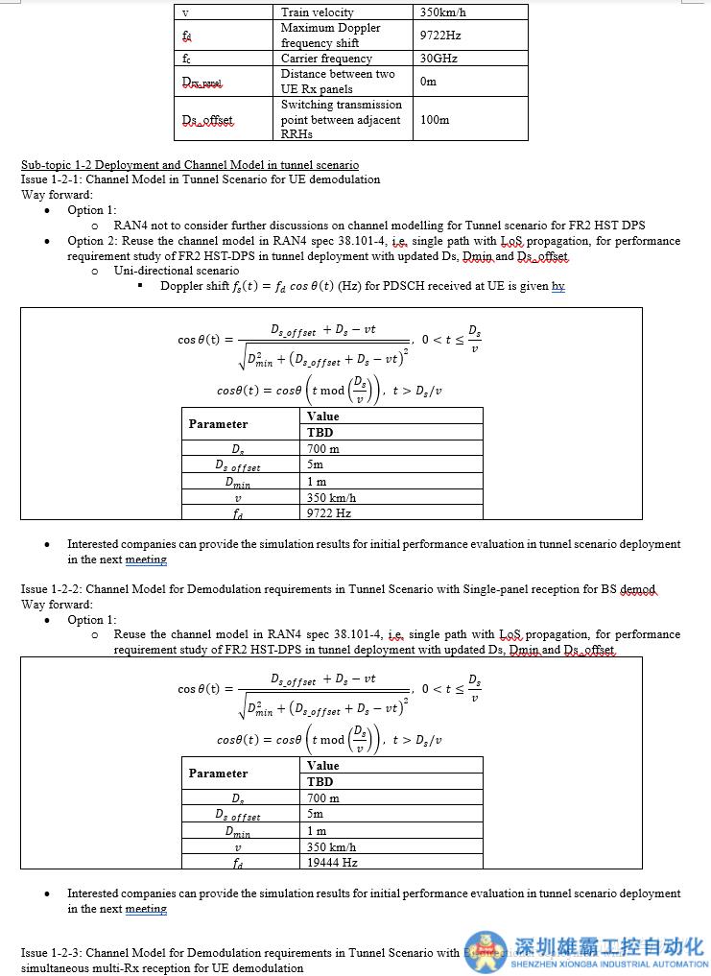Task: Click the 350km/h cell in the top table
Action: (442, 12)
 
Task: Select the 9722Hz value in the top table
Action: (440, 36)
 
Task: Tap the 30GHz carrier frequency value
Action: (438, 59)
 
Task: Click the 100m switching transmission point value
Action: (435, 120)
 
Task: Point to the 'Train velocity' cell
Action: (318, 12)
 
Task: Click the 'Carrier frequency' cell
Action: (326, 59)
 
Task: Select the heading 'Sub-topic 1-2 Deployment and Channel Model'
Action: (190, 165)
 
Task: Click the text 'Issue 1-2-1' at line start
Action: (52, 179)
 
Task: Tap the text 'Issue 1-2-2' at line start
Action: (52, 589)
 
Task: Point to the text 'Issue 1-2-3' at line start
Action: (52, 953)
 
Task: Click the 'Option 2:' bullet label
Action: (92, 241)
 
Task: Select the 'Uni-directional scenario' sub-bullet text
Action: (177, 271)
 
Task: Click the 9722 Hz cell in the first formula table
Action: (329, 513)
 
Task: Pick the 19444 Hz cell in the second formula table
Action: (332, 863)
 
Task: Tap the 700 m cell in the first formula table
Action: (323, 449)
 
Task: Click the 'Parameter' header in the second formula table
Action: (218, 774)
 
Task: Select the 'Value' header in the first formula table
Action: (323, 417)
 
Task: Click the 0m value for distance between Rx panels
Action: (428, 82)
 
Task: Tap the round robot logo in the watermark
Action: (487, 953)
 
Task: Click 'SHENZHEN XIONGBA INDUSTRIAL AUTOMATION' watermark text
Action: (611, 964)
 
